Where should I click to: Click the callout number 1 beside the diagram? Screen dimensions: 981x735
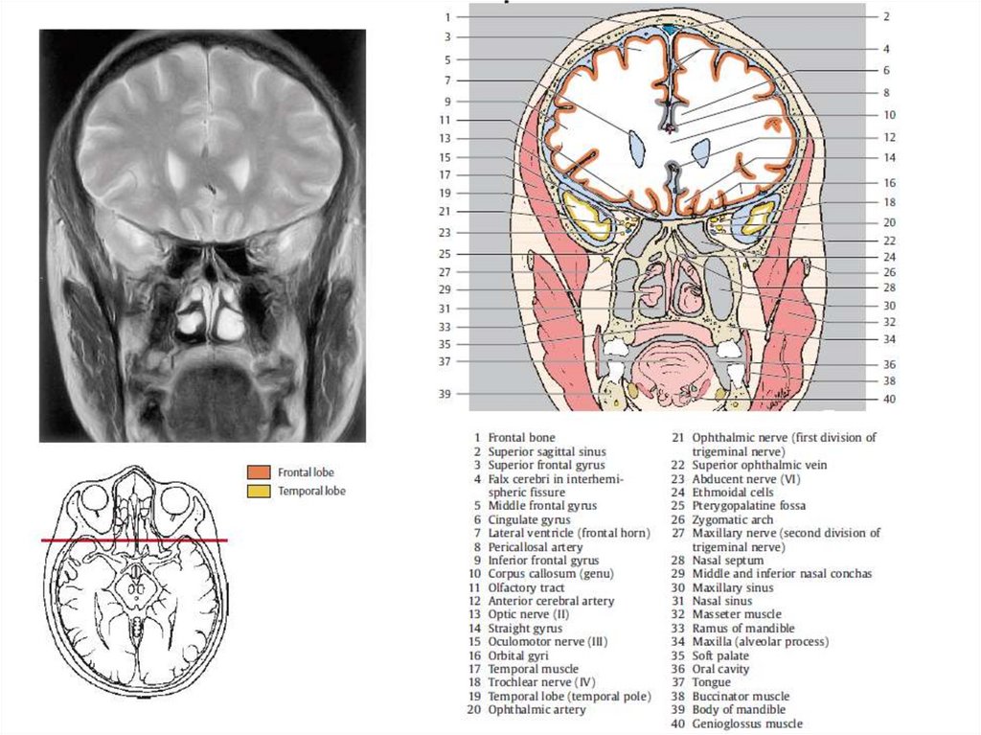pyautogui.click(x=446, y=17)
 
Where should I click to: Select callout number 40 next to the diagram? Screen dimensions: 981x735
pyautogui.click(x=889, y=399)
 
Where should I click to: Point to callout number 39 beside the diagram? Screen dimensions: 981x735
pyautogui.click(x=445, y=394)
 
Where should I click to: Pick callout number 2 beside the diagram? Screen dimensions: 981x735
pyautogui.click(x=887, y=16)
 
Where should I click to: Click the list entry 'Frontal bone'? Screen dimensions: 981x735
pyautogui.click(x=521, y=438)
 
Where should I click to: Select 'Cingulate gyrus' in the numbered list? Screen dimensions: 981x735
pyautogui.click(x=529, y=519)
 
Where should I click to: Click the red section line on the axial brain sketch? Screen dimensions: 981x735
pyautogui.click(x=134, y=541)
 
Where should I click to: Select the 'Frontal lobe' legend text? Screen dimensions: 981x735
pyautogui.click(x=306, y=472)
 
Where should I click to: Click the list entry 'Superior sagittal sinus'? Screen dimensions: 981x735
pyautogui.click(x=546, y=451)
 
